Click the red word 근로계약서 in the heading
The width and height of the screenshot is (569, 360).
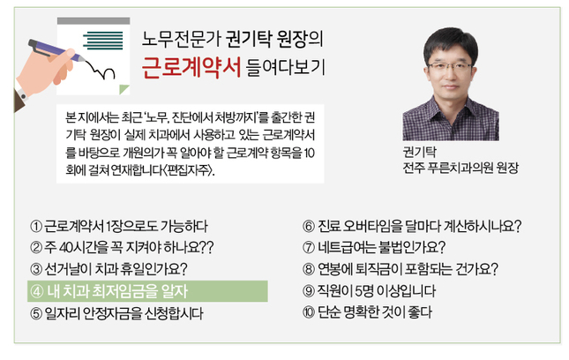[191, 68]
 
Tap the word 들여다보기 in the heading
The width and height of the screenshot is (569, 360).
[285, 67]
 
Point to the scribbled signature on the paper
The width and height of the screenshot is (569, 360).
[99, 69]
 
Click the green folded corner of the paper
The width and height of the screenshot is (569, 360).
[125, 88]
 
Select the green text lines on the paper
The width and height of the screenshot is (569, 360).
[103, 41]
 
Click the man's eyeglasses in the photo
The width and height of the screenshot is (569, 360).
[450, 67]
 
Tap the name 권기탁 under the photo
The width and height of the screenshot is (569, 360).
[420, 152]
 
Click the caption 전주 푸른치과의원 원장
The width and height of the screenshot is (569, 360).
[460, 168]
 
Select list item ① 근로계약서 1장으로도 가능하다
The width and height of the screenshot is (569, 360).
[119, 226]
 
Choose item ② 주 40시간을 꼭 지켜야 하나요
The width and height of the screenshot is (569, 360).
[122, 247]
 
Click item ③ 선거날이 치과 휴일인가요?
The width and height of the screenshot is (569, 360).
[109, 269]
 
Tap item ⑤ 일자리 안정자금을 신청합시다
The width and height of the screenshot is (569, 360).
[116, 313]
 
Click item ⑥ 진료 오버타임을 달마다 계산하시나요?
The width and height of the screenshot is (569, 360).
[412, 226]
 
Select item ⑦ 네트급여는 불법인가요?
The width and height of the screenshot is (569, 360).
[374, 247]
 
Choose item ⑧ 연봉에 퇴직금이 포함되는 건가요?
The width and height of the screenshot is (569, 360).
[401, 269]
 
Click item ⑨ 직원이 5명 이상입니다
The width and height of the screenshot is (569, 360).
[369, 290]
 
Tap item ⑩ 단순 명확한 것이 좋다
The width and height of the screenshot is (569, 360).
[367, 312]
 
